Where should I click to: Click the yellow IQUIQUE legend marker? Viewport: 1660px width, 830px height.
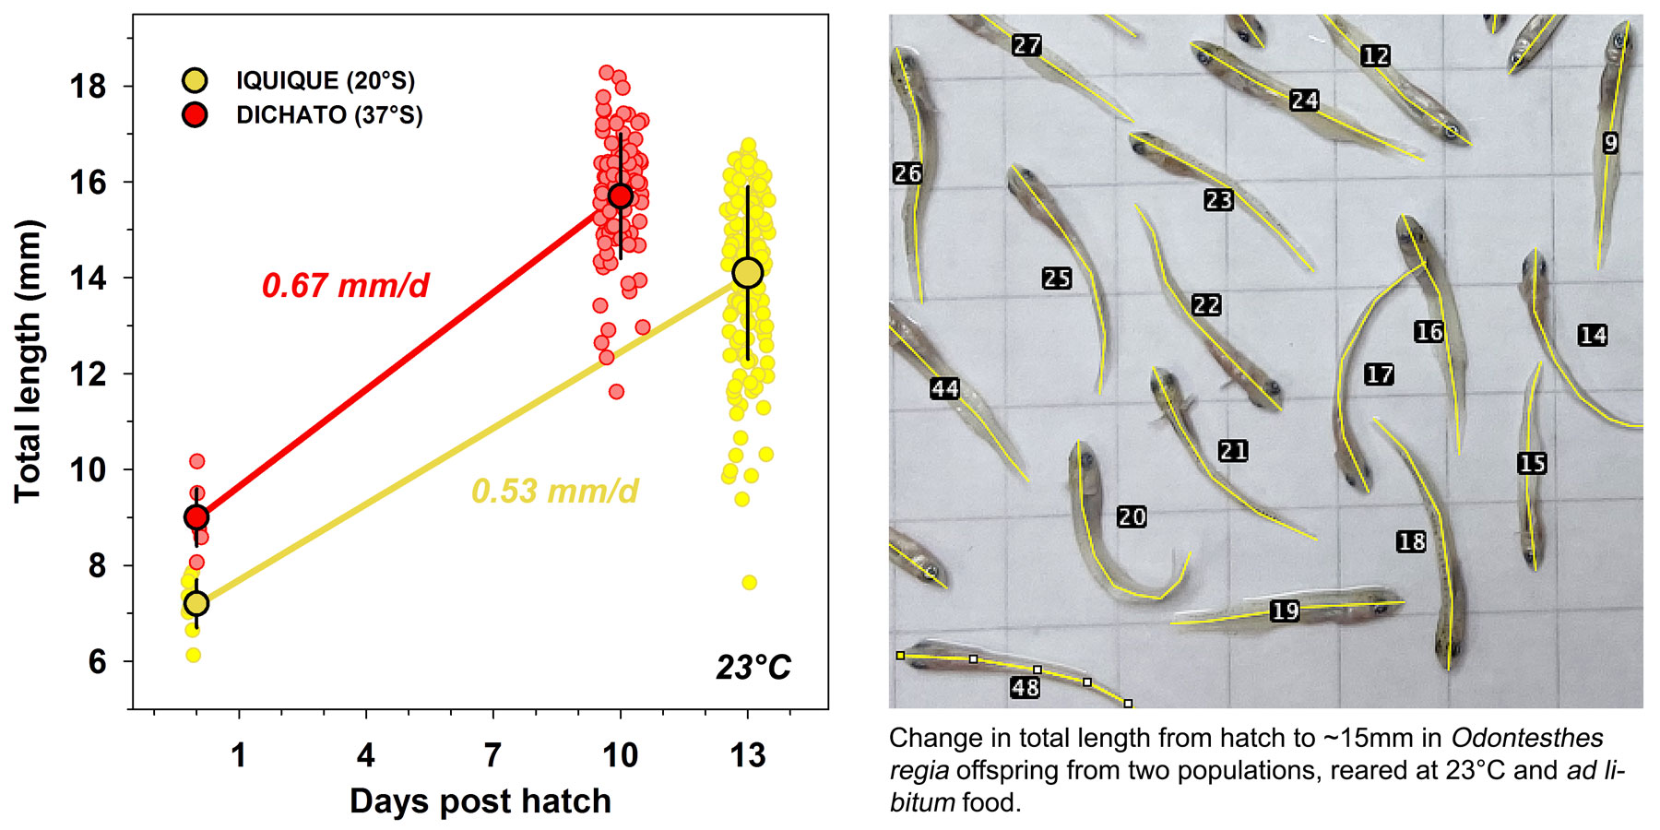[x=195, y=80]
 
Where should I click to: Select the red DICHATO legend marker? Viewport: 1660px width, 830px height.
[x=195, y=114]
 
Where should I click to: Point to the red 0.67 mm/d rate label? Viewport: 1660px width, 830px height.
[x=346, y=286]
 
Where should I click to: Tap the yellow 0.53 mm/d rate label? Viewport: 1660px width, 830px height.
[x=554, y=491]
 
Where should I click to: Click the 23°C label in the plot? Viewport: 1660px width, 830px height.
[x=753, y=667]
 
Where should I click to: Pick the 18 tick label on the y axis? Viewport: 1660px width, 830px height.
[x=89, y=87]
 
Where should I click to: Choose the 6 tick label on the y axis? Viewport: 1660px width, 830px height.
[x=97, y=662]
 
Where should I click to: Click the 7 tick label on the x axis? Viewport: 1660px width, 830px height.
[x=493, y=755]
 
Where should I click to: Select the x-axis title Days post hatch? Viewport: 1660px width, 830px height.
[x=480, y=801]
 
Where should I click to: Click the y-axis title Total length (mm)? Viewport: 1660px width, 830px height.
[x=30, y=362]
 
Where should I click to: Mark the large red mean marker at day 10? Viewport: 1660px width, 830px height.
[x=621, y=196]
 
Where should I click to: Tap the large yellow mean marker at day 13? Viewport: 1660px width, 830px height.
[x=747, y=272]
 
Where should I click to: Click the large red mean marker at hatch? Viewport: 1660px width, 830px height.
[x=196, y=517]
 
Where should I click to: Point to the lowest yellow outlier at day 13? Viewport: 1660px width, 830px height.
[x=749, y=582]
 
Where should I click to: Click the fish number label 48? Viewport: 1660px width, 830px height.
[x=1026, y=687]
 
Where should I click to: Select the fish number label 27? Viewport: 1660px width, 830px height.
[x=1026, y=45]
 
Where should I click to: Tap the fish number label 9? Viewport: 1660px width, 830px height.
[x=1610, y=143]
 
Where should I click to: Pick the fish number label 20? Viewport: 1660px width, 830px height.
[x=1132, y=517]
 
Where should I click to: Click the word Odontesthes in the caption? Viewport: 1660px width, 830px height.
[x=1526, y=739]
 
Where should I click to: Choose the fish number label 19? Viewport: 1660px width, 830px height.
[x=1285, y=611]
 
